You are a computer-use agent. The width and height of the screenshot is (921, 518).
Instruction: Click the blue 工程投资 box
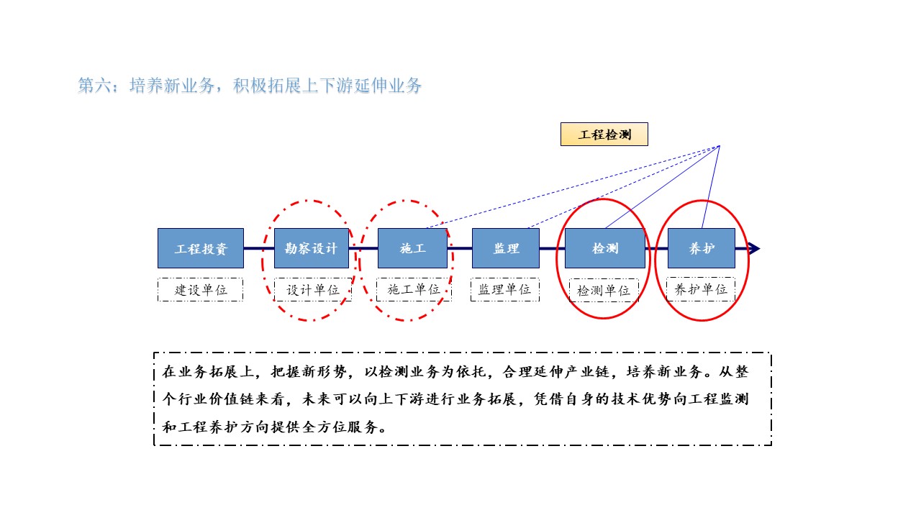click(x=201, y=248)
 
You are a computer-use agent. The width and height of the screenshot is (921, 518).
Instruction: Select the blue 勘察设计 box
click(x=312, y=248)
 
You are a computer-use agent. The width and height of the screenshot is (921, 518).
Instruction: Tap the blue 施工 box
click(x=412, y=248)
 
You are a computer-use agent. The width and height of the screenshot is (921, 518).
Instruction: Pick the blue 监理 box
click(x=506, y=248)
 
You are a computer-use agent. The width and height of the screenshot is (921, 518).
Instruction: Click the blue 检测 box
click(x=605, y=248)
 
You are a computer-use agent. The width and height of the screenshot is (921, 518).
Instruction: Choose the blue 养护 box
click(x=702, y=248)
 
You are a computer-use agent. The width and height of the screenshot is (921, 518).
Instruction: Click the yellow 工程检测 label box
click(x=604, y=135)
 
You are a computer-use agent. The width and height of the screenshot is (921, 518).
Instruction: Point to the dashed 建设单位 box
click(x=201, y=290)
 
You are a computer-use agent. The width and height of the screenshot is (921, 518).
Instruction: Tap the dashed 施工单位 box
click(x=414, y=290)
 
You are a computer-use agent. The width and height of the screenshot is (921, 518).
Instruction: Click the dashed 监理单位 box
click(x=505, y=289)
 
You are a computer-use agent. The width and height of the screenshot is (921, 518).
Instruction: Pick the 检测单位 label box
click(x=604, y=291)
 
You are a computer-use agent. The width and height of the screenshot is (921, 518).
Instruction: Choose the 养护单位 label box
click(x=701, y=289)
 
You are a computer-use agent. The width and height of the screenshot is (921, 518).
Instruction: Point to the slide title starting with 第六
click(x=250, y=86)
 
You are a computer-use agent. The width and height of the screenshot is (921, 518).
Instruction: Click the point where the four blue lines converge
click(x=720, y=146)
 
